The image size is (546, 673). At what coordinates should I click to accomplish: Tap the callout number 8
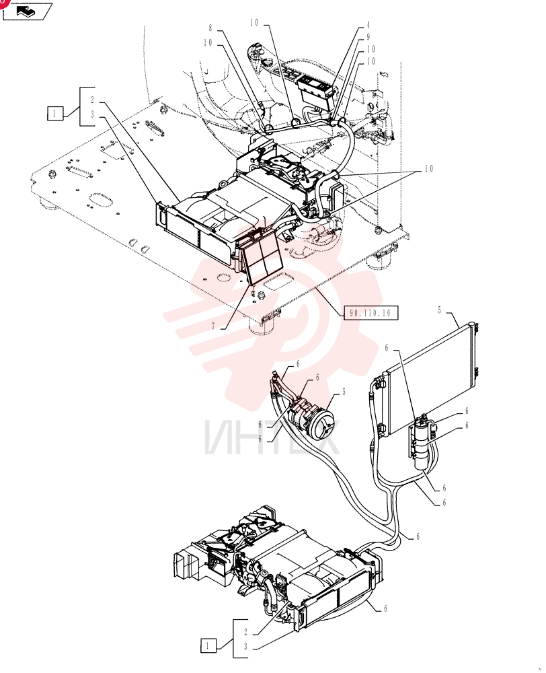tap(210, 28)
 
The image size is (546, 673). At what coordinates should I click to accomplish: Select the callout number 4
tap(368, 26)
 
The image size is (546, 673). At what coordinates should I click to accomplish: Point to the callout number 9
tap(368, 37)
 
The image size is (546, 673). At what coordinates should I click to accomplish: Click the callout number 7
tap(213, 326)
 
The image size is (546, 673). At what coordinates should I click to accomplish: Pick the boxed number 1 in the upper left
tap(55, 114)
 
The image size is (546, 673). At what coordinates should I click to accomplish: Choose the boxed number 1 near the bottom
tap(208, 646)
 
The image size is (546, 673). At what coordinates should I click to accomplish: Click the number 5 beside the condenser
tap(439, 310)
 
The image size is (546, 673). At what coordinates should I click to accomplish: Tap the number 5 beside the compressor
tap(344, 392)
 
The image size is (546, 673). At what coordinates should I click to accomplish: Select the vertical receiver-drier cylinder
tap(421, 442)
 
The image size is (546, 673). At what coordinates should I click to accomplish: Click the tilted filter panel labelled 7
tap(261, 256)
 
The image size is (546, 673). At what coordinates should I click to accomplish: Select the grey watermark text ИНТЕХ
tap(272, 437)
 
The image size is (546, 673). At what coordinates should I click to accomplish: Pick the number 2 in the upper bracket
tap(92, 100)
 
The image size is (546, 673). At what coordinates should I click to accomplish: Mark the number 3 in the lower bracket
tap(245, 646)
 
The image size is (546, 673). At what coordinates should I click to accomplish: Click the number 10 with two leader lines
tap(429, 169)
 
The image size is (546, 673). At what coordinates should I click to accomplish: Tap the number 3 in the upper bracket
tap(92, 115)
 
